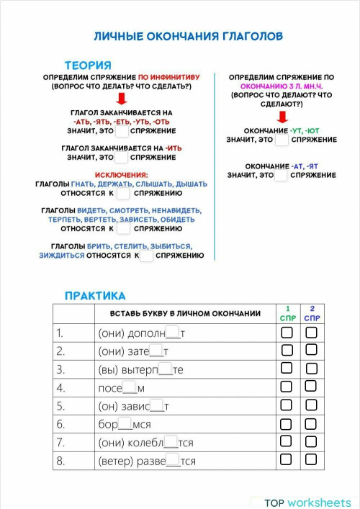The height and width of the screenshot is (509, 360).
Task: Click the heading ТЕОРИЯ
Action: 87,65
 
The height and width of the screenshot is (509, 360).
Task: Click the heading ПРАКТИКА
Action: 94,295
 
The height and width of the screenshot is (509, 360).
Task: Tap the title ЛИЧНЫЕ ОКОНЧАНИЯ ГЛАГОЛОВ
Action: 188,36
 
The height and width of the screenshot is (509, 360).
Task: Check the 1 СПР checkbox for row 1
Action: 287,333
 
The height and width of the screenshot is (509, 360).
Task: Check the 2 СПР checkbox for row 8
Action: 311,460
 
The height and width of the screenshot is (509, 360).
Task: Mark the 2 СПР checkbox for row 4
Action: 311,387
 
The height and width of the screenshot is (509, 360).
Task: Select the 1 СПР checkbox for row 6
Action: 287,423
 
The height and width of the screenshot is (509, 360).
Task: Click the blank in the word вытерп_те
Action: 165,369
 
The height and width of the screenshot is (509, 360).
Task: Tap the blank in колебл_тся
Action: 171,442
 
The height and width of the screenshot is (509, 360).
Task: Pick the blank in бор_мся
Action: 125,424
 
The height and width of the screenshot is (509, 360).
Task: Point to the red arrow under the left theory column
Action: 122,99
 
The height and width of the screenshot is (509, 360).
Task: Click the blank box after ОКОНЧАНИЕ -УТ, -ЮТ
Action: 282,140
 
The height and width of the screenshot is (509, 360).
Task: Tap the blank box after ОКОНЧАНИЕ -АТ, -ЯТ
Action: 282,175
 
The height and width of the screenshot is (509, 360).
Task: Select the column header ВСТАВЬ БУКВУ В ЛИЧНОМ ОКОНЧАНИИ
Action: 185,313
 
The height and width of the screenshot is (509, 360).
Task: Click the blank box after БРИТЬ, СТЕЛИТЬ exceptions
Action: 146,255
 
